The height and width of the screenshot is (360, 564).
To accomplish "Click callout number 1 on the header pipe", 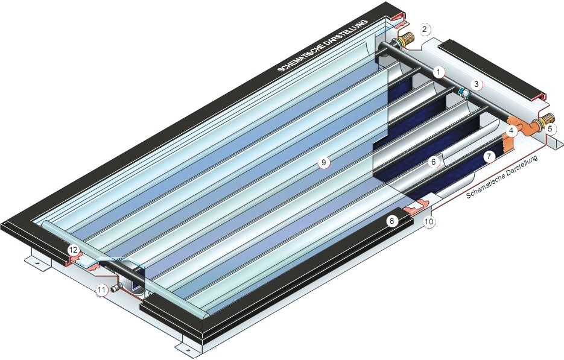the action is click(x=438, y=72).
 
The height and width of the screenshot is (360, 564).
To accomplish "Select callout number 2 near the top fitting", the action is click(x=425, y=29).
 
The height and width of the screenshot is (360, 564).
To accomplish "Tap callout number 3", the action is click(x=477, y=84).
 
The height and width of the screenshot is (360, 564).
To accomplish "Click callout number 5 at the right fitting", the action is click(x=550, y=128).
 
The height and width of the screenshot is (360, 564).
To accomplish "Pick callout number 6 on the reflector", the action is click(x=434, y=162).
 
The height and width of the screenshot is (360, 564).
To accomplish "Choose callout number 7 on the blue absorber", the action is click(x=488, y=156).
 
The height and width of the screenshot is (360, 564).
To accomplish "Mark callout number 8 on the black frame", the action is click(x=392, y=221).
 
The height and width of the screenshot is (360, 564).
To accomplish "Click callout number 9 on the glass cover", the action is click(x=324, y=163).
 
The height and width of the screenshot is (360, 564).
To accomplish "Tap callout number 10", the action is click(x=429, y=221).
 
